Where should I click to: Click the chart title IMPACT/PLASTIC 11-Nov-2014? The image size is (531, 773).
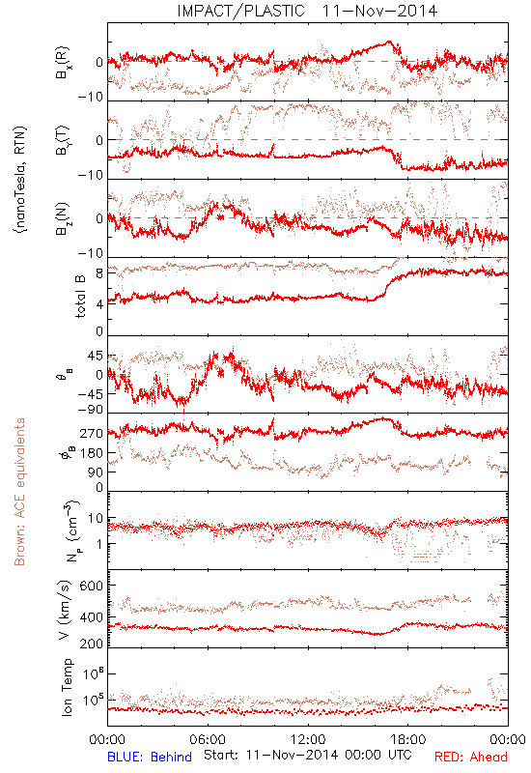click(x=307, y=11)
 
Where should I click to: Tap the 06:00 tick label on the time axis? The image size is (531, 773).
click(x=208, y=740)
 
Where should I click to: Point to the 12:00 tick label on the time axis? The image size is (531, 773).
click(x=308, y=740)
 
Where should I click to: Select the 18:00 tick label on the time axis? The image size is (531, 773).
click(x=408, y=740)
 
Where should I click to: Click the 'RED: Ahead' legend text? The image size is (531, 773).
click(x=470, y=758)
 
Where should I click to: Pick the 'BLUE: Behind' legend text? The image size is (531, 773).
click(x=150, y=758)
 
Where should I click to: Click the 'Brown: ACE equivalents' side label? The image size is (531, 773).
click(x=18, y=492)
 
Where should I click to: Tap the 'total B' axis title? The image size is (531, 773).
click(x=80, y=297)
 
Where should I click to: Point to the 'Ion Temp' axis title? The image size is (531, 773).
click(x=67, y=687)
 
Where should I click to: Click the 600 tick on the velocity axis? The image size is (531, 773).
click(x=91, y=587)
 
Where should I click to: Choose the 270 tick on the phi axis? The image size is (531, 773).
click(x=91, y=433)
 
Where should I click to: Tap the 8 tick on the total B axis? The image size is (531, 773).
click(x=99, y=273)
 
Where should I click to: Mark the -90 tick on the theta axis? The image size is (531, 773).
click(x=90, y=410)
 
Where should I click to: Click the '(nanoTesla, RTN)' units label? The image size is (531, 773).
click(x=20, y=180)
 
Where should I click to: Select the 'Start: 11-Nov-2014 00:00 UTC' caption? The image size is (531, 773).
click(x=308, y=755)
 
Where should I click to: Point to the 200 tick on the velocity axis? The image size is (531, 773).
click(x=91, y=644)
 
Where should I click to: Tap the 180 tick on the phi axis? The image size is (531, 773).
click(x=91, y=453)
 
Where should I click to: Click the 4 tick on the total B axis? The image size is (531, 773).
click(x=99, y=304)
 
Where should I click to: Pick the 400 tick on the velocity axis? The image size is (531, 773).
click(x=91, y=617)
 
